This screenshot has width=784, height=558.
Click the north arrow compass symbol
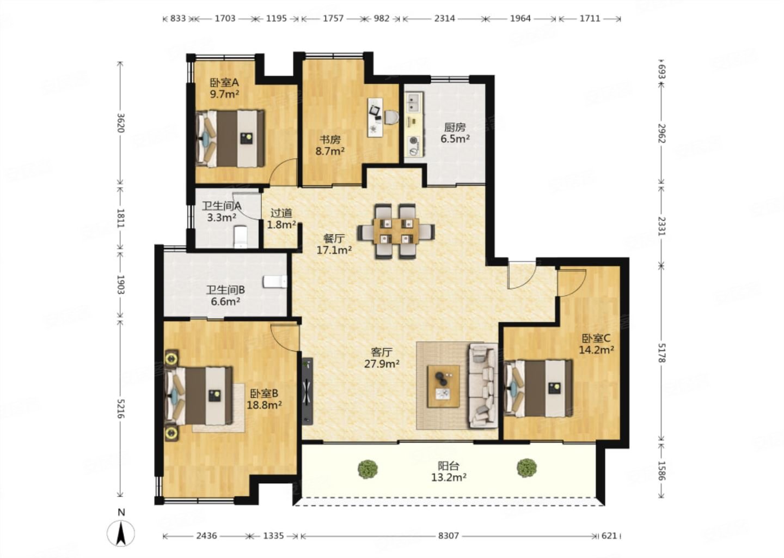tap(121, 532)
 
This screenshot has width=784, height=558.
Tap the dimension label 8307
tap(449, 536)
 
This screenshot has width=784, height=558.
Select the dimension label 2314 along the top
tap(444, 18)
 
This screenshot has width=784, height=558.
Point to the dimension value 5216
tap(120, 409)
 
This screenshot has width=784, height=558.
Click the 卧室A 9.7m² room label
tap(224, 88)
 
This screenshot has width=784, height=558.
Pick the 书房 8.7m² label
tap(330, 145)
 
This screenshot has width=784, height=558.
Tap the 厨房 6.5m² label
tap(455, 133)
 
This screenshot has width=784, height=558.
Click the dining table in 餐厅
tap(396, 231)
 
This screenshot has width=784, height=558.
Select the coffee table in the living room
tap(443, 386)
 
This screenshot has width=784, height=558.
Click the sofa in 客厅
tap(483, 385)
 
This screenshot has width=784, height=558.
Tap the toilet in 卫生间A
tap(241, 237)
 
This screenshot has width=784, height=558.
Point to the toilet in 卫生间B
tap(275, 282)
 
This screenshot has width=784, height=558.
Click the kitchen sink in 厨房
tap(414, 101)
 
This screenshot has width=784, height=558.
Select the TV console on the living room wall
tap(307, 391)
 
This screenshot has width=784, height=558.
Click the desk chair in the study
tap(391, 117)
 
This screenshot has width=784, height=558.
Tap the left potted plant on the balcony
tap(368, 469)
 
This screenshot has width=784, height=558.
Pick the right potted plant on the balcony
tap(527, 468)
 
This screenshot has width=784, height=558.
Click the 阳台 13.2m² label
tap(449, 471)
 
